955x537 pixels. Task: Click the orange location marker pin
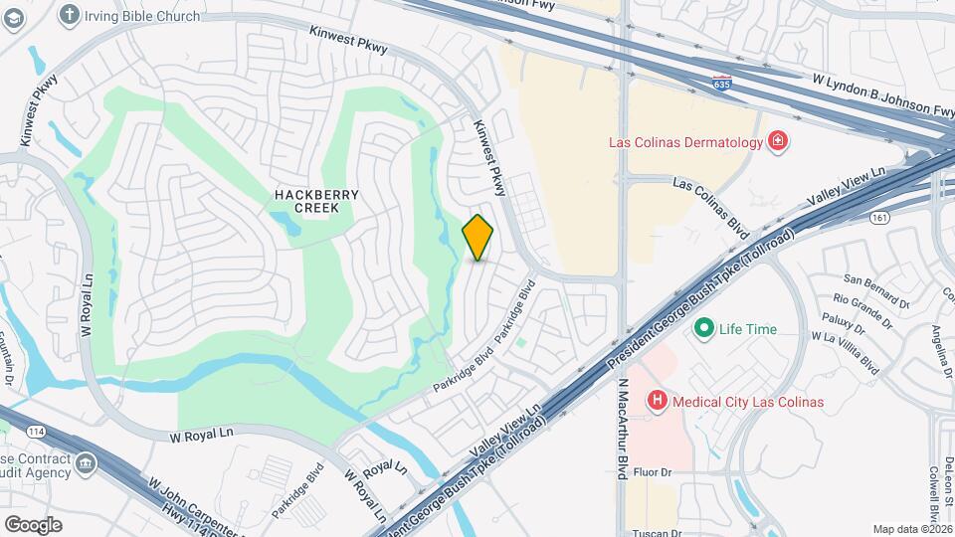coord(477,238)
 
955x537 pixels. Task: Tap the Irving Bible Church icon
coord(69,14)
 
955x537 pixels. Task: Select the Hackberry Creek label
coord(306,201)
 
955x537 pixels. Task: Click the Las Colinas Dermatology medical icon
coord(777,142)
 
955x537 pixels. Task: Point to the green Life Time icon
coord(704,328)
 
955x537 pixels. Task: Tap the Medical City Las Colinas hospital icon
coord(657,401)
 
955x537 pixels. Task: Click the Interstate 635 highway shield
coord(722,84)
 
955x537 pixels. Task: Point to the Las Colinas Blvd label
coord(710,204)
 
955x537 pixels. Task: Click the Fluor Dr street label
coord(653,472)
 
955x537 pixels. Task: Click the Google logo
coord(34,524)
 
